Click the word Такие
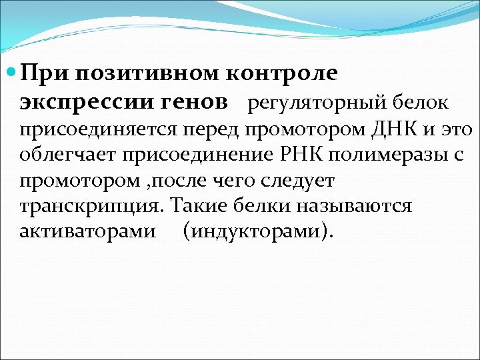[x=201, y=207]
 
